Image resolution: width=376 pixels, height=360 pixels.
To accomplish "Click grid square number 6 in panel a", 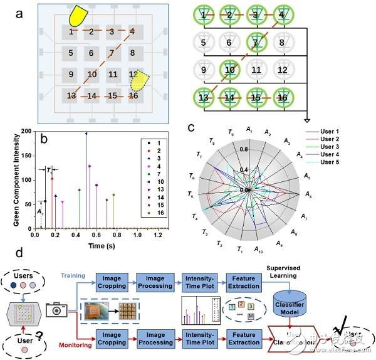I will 91,53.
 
